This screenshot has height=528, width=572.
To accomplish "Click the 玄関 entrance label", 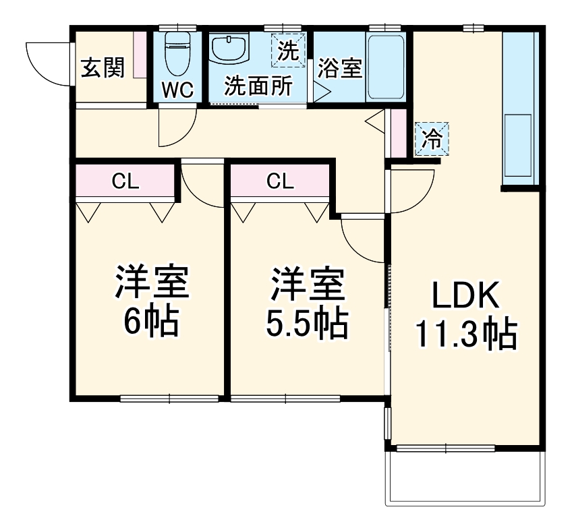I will point(103,68).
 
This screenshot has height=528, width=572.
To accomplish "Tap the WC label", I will point(177,90).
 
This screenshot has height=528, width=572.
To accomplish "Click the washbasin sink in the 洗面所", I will point(230,49).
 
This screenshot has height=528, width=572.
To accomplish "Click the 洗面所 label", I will point(258,86).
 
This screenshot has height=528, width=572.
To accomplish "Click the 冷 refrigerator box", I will point(431,140).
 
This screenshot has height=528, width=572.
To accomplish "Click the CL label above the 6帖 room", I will point(125,180).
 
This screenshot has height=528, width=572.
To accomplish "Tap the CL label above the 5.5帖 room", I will point(279,180).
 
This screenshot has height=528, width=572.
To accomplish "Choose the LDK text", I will point(465,297).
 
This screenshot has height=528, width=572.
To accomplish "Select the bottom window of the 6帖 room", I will point(169,399).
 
